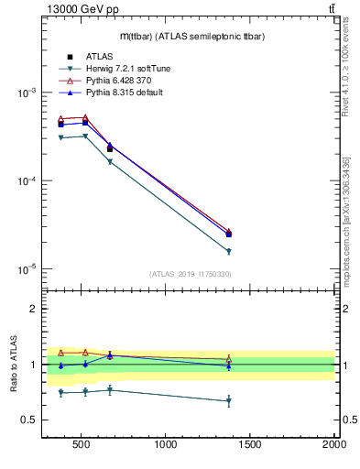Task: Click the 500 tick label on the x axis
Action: coord(82,446)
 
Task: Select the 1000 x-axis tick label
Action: coord(166,446)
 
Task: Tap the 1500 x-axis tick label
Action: coord(250,446)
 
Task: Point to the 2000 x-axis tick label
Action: coord(334,446)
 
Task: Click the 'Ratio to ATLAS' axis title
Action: coord(14,364)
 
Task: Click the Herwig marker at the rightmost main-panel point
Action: coord(229,251)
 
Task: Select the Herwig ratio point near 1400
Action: coord(229,401)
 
